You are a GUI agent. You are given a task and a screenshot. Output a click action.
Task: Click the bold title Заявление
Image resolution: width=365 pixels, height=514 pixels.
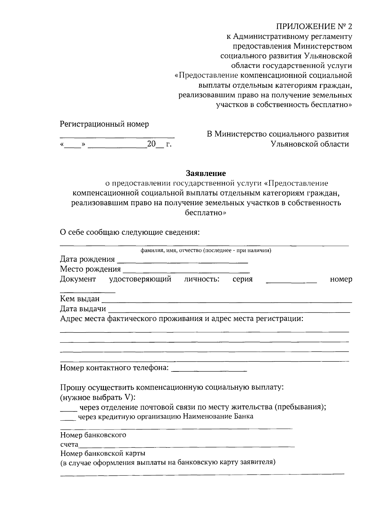pos(206,173)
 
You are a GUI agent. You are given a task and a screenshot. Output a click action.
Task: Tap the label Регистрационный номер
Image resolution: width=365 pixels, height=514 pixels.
pos(104,124)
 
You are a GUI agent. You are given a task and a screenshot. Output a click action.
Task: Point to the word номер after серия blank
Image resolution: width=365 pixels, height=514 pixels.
pos(341,279)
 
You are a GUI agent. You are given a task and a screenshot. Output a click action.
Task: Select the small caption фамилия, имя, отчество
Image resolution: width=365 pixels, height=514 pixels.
pos(206,251)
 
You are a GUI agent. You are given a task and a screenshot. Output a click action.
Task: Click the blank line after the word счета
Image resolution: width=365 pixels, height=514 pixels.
pos(186,446)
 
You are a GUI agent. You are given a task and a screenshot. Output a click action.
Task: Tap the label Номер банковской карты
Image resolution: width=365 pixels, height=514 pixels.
pos(103,454)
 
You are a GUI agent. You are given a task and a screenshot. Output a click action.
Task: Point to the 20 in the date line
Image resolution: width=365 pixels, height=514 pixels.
pos(151,144)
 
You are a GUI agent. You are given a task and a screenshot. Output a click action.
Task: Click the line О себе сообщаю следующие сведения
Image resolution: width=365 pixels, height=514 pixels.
pos(130,233)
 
